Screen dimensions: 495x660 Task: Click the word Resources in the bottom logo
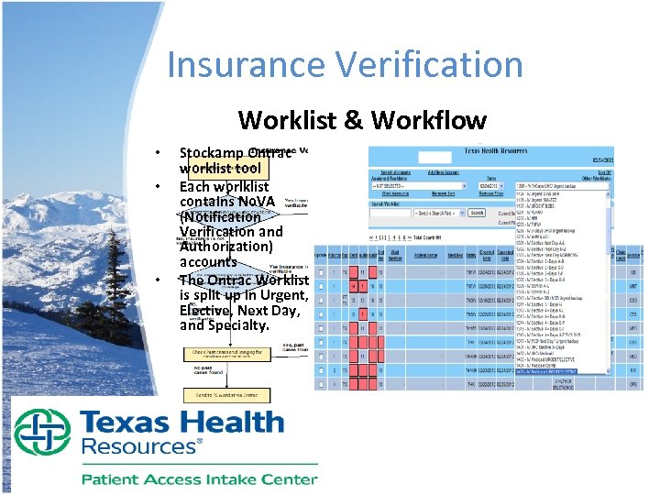tap(138, 447)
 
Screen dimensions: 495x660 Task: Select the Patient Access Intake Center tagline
tap(199, 478)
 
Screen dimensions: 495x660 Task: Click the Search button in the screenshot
tap(477, 213)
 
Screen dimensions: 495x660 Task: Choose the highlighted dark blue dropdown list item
tap(560, 372)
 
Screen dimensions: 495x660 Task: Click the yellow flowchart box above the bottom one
tap(230, 354)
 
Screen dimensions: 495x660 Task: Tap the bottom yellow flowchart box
tap(226, 395)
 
